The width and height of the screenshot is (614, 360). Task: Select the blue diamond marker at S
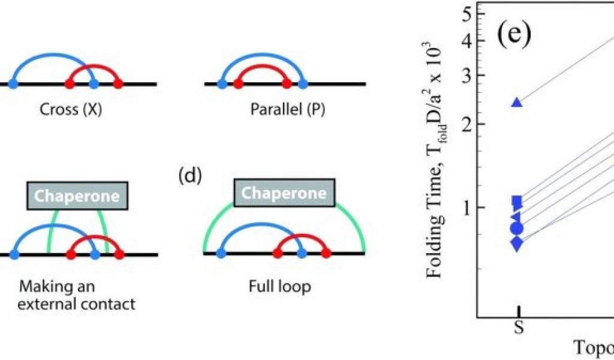pyautogui.click(x=517, y=243)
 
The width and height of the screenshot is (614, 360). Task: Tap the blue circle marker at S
pyautogui.click(x=517, y=228)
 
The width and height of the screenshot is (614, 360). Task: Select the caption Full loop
pyautogui.click(x=279, y=287)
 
